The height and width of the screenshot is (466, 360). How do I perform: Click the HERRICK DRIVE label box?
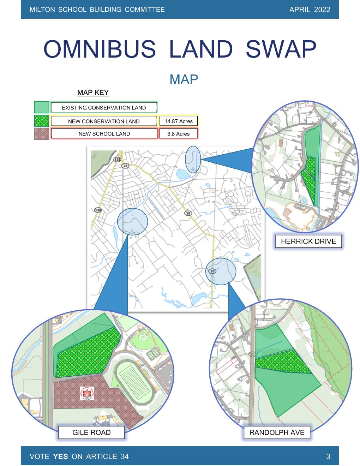tap(308, 241)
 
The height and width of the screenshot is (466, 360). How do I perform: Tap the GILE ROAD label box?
tap(91, 432)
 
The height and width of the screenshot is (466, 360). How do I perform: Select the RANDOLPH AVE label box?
tap(277, 432)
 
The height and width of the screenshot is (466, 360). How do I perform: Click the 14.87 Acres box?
tap(179, 121)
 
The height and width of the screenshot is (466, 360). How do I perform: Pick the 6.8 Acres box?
tap(178, 134)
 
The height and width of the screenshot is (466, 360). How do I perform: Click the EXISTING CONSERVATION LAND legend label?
tap(104, 108)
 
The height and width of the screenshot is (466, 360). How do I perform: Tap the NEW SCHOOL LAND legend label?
tap(104, 134)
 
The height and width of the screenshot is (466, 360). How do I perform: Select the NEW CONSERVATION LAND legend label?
tap(104, 121)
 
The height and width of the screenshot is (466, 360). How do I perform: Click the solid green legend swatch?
tap(41, 107)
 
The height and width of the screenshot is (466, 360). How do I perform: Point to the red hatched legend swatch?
tap(41, 134)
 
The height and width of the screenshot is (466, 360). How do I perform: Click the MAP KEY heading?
tap(93, 92)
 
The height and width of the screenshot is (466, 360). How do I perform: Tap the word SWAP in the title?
tap(281, 49)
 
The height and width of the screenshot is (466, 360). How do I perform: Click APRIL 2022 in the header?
tap(310, 10)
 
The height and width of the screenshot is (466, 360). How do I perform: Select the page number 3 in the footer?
tap(328, 456)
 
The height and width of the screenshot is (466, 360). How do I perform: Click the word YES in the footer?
tap(60, 456)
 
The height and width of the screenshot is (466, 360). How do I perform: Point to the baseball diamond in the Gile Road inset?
tap(143, 337)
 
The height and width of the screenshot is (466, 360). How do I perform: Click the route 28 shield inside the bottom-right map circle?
tap(212, 271)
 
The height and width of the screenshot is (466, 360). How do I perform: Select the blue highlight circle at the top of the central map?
tap(193, 159)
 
